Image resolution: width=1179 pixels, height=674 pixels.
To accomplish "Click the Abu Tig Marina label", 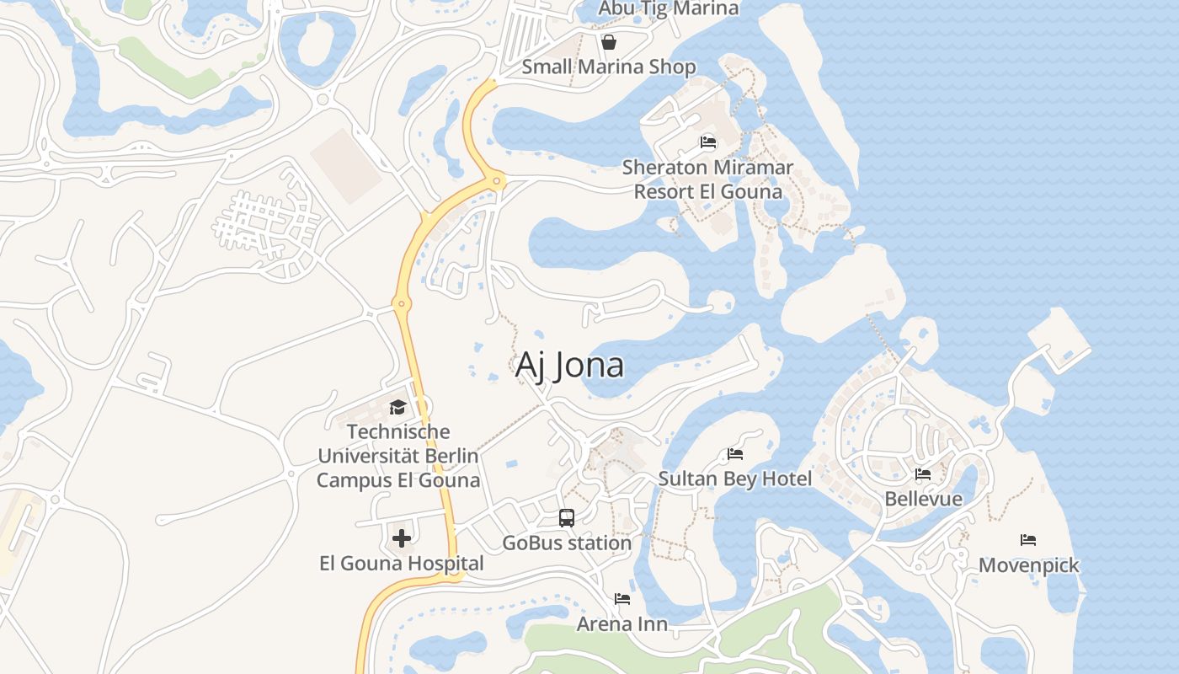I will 668,8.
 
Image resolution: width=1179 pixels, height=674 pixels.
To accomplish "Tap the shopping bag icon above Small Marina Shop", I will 609,41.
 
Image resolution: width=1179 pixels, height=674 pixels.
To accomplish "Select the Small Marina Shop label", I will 609,67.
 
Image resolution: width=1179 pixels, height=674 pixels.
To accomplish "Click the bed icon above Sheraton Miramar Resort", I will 708,142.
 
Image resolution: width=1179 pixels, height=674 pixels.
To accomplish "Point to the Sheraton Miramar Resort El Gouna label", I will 707,179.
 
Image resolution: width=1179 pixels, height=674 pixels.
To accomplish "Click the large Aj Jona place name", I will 569,365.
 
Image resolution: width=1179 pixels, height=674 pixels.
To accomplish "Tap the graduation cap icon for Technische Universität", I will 397,408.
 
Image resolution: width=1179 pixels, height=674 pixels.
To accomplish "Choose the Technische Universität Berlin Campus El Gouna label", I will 397,456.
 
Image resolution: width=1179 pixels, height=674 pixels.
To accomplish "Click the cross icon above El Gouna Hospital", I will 402,538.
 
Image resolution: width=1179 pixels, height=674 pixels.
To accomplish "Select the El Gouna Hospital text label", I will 402,564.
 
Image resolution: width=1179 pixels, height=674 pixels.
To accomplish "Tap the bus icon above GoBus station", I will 567,518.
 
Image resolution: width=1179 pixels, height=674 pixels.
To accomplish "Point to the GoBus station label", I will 567,543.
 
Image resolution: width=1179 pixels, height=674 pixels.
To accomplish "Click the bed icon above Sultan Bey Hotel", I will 735,454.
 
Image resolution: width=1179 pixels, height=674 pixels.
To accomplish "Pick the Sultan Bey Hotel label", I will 735,479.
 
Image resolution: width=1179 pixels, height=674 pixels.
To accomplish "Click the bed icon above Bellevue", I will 923,474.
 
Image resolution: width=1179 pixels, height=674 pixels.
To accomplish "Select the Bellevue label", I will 923,499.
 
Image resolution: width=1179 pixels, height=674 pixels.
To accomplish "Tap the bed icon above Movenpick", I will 1028,540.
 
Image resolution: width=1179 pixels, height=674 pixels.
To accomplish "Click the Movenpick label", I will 1028,564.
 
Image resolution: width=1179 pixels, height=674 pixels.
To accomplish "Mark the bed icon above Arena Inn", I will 622,599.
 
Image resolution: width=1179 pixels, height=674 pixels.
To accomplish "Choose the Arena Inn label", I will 622,624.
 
